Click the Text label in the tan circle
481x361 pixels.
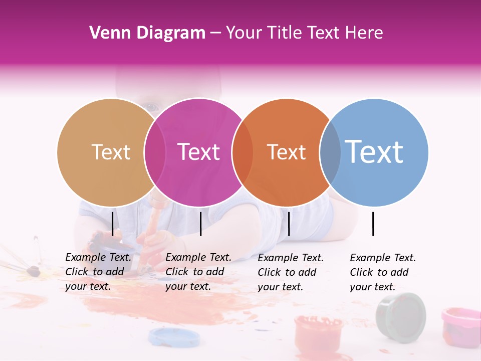pyautogui.click(x=111, y=152)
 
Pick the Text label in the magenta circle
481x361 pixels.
pyautogui.click(x=199, y=152)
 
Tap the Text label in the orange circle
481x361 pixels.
pyautogui.click(x=286, y=152)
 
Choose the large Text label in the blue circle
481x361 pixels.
pyautogui.click(x=374, y=152)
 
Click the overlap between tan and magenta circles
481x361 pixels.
pyautogui.click(x=155, y=152)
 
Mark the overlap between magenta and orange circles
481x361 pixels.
pyautogui.click(x=243, y=152)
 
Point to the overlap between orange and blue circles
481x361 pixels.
pyautogui.click(x=330, y=152)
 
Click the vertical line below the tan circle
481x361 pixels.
pyautogui.click(x=112, y=224)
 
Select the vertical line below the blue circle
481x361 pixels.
pyautogui.click(x=373, y=224)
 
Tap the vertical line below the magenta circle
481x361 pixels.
pyautogui.click(x=200, y=224)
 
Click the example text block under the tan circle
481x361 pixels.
pyautogui.click(x=98, y=272)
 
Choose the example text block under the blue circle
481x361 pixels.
pyautogui.click(x=382, y=272)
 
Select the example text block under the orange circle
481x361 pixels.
pyautogui.click(x=290, y=272)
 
